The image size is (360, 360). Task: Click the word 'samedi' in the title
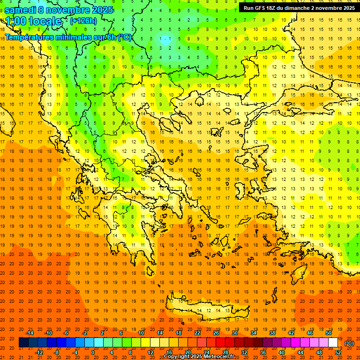[x=20, y=10]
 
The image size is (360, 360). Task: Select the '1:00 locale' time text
[x=33, y=22]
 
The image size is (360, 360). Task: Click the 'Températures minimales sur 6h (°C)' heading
[x=68, y=37]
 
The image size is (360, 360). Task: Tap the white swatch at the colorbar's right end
[x=333, y=343]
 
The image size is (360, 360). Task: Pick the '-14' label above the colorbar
[x=30, y=333]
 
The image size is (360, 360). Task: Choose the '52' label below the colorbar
[x=338, y=352]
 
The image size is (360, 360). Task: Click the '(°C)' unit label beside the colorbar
[x=349, y=343]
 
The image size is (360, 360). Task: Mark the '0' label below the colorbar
[x=92, y=352]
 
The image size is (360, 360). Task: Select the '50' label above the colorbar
[x=328, y=333]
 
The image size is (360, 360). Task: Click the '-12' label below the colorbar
[x=39, y=352]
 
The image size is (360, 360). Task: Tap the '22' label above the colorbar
[x=197, y=333]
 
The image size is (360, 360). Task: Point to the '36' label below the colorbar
[x=263, y=352]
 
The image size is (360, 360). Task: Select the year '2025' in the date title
[x=99, y=10]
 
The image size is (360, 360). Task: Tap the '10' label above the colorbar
[x=141, y=333]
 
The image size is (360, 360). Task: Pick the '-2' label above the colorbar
[x=85, y=333]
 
